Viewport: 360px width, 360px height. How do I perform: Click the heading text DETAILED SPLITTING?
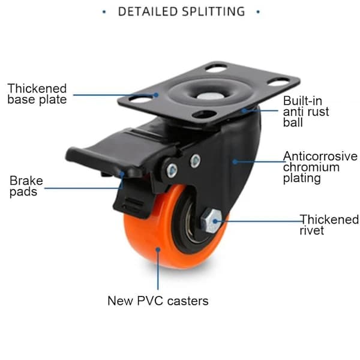point(181,11)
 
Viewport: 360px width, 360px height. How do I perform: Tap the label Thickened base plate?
point(37,94)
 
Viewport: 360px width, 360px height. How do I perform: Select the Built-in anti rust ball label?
point(306,112)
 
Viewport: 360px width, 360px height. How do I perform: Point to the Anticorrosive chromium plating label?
point(320,167)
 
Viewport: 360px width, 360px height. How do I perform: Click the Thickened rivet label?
point(329,225)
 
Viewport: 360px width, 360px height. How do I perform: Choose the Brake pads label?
point(26,186)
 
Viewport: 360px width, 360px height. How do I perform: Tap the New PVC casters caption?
point(158,301)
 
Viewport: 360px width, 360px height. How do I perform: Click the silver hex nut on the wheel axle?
point(211,221)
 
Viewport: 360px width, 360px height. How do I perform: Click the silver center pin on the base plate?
point(208,96)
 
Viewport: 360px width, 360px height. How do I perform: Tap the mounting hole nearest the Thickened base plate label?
point(140,100)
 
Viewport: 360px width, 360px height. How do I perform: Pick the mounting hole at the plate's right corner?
point(278,82)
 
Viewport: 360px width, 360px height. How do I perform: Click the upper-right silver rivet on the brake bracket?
point(196,160)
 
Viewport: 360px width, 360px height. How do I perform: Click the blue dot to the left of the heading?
point(104,12)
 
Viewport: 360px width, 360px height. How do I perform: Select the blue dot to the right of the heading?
point(258,12)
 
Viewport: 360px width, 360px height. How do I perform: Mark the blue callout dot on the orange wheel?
point(158,250)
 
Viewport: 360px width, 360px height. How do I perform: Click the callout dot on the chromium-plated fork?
point(235,161)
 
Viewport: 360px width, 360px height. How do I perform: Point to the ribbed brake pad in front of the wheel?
point(131,202)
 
